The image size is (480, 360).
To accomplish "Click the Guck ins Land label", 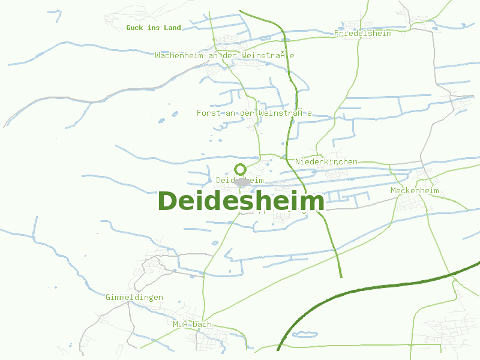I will point(153,28).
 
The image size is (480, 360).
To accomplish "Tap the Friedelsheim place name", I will point(362,34).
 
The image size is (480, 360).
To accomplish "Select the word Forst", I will point(208,113).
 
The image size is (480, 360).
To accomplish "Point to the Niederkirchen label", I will point(326,162).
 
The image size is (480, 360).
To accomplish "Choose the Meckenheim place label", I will point(415,191).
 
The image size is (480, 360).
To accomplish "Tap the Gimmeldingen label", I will point(134,298).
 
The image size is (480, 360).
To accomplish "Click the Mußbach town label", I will point(192,325).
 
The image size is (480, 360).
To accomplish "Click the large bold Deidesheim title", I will point(241,201).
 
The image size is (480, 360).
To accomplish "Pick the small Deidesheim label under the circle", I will point(239,180).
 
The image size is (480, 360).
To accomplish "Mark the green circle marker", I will point(240,169).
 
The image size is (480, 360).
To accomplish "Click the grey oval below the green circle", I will point(242,182).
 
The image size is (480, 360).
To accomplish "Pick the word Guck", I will point(134,28).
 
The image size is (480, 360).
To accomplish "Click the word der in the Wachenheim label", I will point(230,55).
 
